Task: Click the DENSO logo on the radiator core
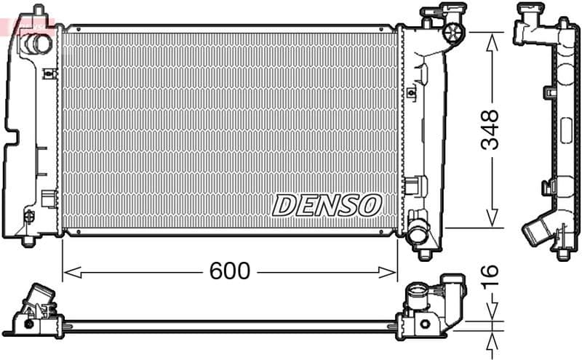coord(327,205)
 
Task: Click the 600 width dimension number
coord(229,271)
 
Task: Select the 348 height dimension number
coord(491,129)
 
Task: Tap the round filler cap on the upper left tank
coord(38,43)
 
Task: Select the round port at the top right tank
coord(454,31)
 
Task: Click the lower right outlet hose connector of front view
coord(420,235)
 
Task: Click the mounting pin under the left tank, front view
coord(28,239)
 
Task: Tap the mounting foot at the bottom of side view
coord(564,254)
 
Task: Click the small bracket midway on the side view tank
coord(549,93)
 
